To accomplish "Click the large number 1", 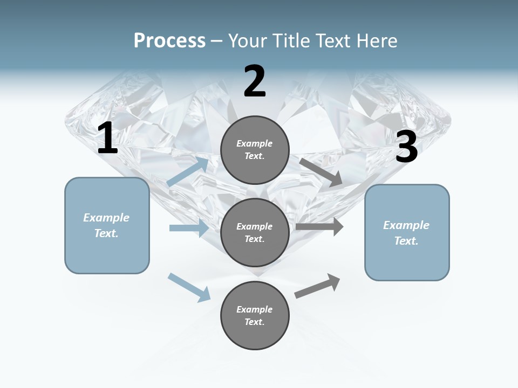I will [x=107, y=138].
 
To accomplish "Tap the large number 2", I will [x=255, y=81].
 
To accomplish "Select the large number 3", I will [x=406, y=147].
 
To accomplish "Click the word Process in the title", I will [x=169, y=40].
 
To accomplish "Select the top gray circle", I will [x=255, y=150].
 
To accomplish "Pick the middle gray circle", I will [x=255, y=232].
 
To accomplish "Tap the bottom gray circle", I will [x=255, y=315].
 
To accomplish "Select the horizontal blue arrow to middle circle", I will [x=189, y=228].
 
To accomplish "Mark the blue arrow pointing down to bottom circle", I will [x=189, y=287].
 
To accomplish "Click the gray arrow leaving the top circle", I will [x=321, y=172].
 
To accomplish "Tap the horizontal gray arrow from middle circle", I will [x=319, y=227].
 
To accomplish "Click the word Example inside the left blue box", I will [x=106, y=218].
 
